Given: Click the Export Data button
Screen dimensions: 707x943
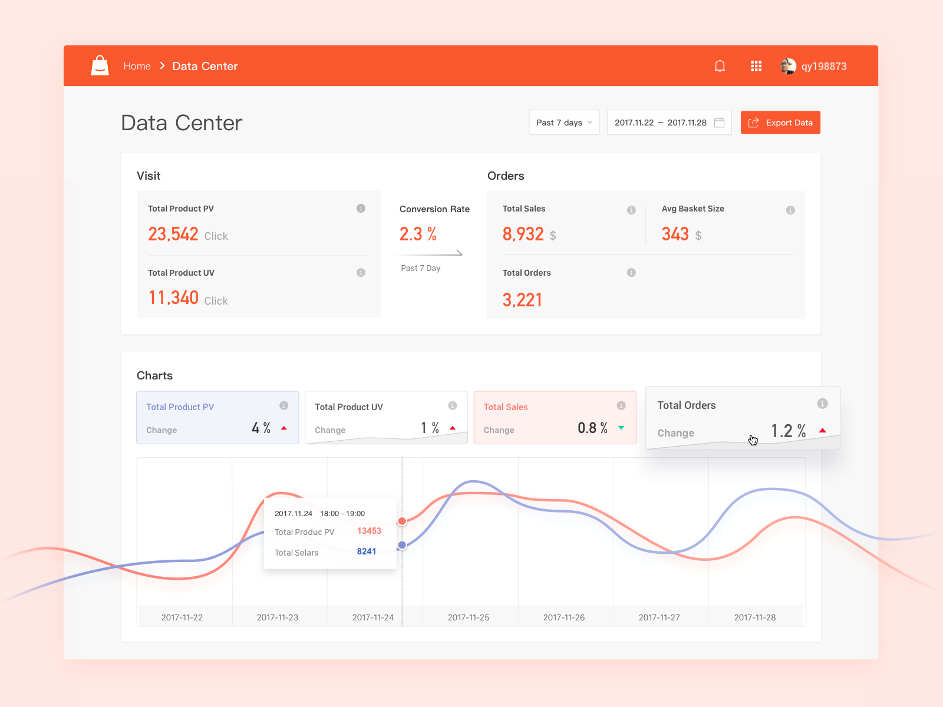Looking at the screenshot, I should [780, 123].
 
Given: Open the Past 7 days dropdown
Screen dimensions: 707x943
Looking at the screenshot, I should [563, 123].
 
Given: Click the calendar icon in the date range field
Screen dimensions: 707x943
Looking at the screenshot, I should [719, 123].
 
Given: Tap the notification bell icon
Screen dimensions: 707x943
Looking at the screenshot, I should [720, 66].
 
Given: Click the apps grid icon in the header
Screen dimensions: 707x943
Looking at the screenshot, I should [756, 66].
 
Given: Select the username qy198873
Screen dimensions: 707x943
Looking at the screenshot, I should [823, 67].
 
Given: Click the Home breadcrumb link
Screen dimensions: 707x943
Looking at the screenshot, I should [137, 66].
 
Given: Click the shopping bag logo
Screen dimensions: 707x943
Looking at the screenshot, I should [100, 65].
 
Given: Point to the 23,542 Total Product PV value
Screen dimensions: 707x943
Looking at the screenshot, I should [173, 234].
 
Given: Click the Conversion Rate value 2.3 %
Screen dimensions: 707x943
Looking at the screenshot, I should [418, 234].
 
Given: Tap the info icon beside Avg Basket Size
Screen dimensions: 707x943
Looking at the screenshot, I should [790, 210].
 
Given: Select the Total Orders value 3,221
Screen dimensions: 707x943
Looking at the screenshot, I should [522, 300].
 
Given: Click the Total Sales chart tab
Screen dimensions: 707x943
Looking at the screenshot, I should [555, 417].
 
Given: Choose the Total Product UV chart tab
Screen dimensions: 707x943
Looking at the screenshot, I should [386, 417].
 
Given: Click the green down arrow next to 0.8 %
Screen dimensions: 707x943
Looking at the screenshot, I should [621, 428].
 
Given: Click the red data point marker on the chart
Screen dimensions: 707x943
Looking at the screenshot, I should [402, 521].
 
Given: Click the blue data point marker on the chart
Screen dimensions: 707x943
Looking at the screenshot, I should [402, 545].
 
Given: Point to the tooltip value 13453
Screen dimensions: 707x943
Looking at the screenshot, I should [369, 531].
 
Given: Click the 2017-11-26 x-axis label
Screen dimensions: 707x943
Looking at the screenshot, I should [564, 617].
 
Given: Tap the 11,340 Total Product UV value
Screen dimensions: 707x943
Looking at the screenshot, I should [173, 298].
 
